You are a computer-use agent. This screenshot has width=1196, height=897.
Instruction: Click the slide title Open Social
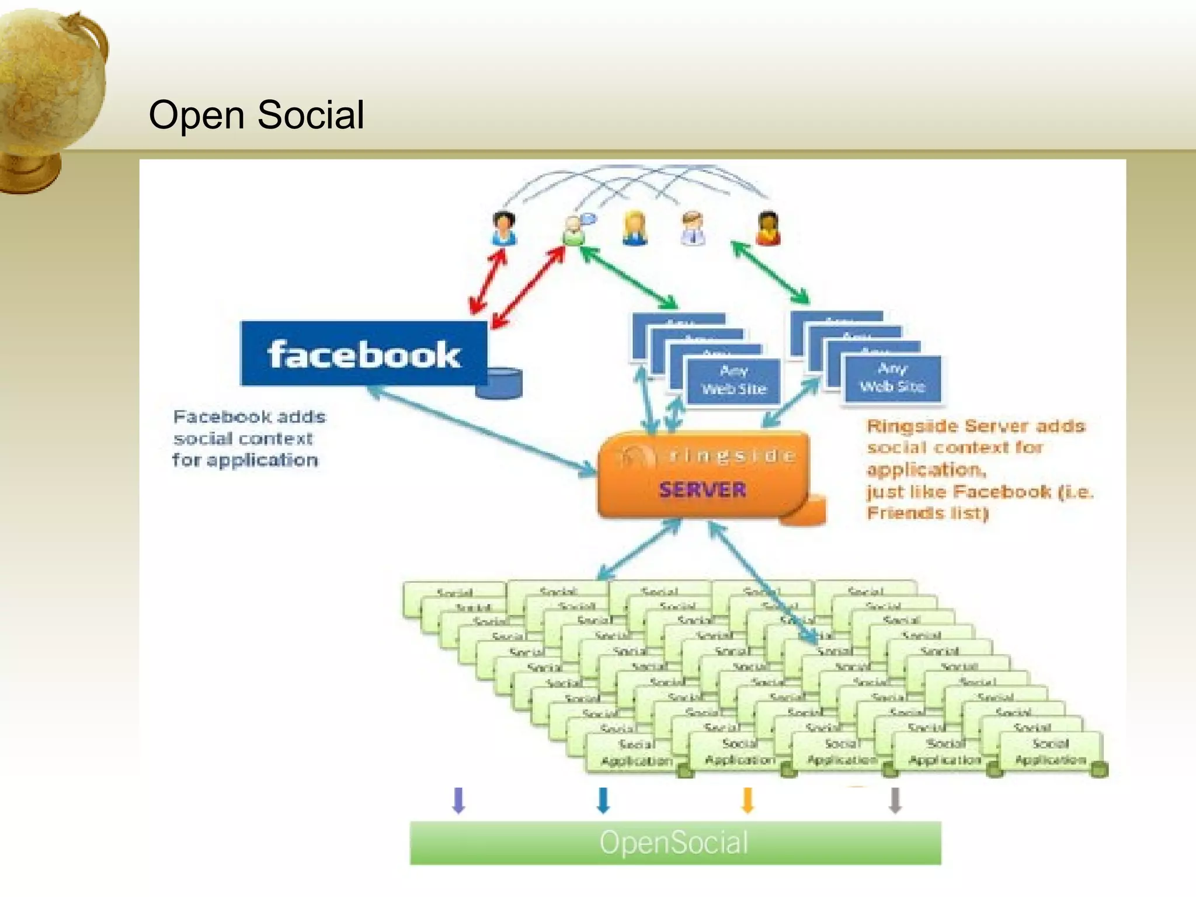[256, 114]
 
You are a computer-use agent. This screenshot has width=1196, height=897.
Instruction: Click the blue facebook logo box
[363, 354]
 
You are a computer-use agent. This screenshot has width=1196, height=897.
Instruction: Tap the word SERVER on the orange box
[703, 489]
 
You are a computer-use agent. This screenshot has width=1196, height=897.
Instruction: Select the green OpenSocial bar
[675, 843]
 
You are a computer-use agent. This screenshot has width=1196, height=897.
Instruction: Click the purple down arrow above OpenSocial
[458, 800]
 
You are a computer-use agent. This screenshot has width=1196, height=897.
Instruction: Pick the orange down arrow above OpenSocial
[747, 800]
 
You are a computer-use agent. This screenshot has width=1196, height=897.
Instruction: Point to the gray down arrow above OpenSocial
[895, 800]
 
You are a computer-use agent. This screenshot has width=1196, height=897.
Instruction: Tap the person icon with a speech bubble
[575, 229]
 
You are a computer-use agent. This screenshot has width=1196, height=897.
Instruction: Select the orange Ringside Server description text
[978, 469]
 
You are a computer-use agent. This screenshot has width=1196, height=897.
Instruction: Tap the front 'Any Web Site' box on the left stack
[733, 380]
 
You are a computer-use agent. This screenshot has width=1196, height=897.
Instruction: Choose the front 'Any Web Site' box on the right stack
[892, 378]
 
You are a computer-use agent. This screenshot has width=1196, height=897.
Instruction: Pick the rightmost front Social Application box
[1050, 752]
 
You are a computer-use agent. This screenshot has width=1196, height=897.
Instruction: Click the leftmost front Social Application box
[636, 753]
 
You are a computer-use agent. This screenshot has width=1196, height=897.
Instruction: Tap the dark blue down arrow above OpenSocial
[603, 800]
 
